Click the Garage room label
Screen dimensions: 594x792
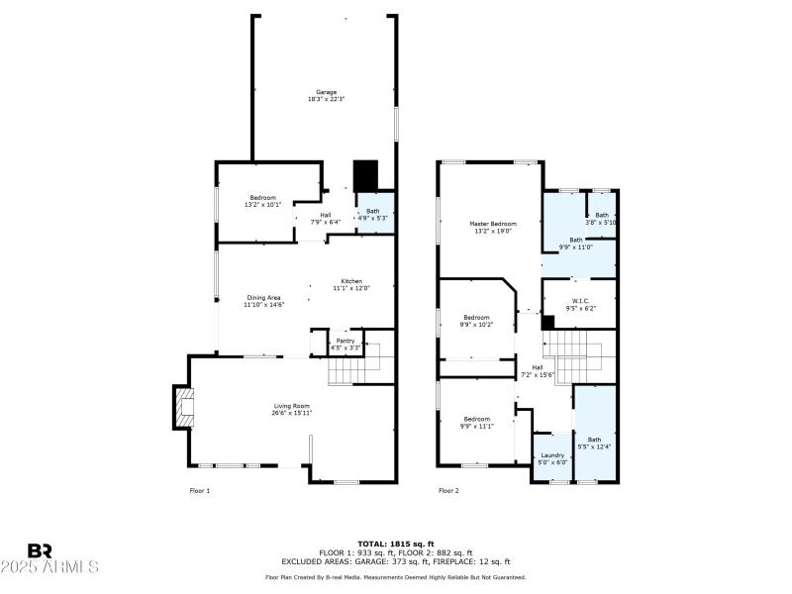tap(326, 92)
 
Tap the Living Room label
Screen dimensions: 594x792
tap(293, 405)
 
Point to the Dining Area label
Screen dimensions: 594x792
tap(264, 297)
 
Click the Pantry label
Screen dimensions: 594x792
tap(345, 341)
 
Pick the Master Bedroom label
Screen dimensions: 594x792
tap(492, 224)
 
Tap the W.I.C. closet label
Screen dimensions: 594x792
tap(581, 301)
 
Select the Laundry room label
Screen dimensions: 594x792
tap(552, 455)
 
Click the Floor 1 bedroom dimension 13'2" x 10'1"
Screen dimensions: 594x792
tap(262, 204)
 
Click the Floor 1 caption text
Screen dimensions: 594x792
tap(199, 490)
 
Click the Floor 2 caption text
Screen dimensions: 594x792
tap(448, 490)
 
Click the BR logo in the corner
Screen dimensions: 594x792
tap(41, 550)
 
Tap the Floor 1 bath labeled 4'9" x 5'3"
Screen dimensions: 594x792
tap(372, 214)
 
